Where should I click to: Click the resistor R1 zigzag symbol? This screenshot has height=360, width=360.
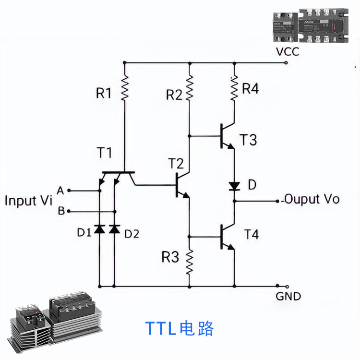124,89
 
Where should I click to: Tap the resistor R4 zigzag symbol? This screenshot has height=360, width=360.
234,89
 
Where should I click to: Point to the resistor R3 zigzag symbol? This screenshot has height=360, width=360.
190,262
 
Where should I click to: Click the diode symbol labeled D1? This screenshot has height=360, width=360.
99,228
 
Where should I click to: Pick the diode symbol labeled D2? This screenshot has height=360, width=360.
114,228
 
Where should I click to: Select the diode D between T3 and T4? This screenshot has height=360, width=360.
234,186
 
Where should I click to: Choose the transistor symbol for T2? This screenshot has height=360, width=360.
181,185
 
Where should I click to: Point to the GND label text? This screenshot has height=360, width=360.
288,296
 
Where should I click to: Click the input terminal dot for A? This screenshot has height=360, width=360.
70,191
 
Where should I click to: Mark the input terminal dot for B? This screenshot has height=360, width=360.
70,211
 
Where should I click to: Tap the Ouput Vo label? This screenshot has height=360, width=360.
312,199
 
